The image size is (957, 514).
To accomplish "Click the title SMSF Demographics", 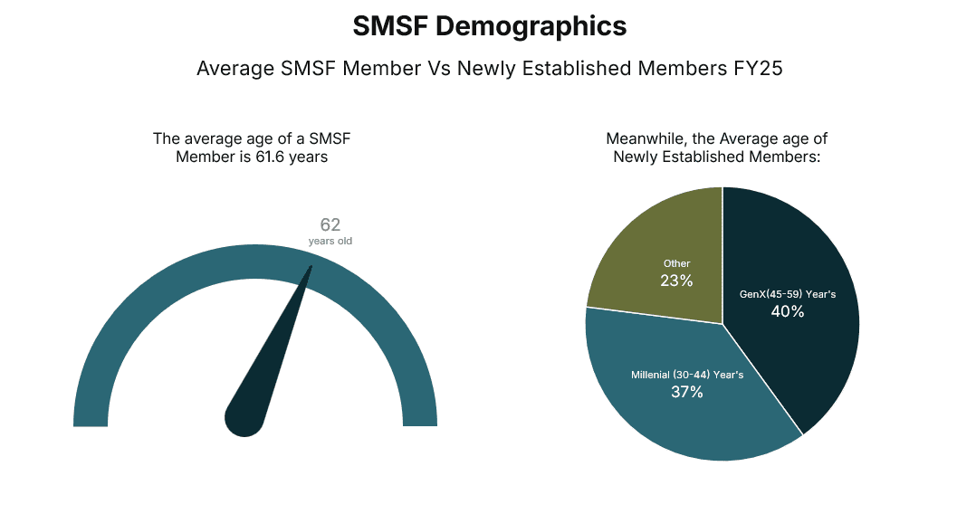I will [x=489, y=27].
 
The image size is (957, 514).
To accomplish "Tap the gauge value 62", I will [x=330, y=224].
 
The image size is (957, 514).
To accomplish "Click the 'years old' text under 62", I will [x=330, y=242].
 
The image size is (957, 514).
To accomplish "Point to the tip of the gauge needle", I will [x=311, y=267].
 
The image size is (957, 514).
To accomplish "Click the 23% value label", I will [x=676, y=281].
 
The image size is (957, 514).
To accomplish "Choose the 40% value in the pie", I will [x=788, y=311].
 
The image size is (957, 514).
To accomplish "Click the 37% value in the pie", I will [x=687, y=392].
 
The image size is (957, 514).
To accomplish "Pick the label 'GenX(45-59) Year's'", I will [x=788, y=294].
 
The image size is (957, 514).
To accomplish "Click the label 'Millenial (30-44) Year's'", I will [x=687, y=375].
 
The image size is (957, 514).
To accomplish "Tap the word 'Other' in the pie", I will [x=676, y=263].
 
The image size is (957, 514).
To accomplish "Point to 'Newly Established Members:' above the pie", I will [x=716, y=157].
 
